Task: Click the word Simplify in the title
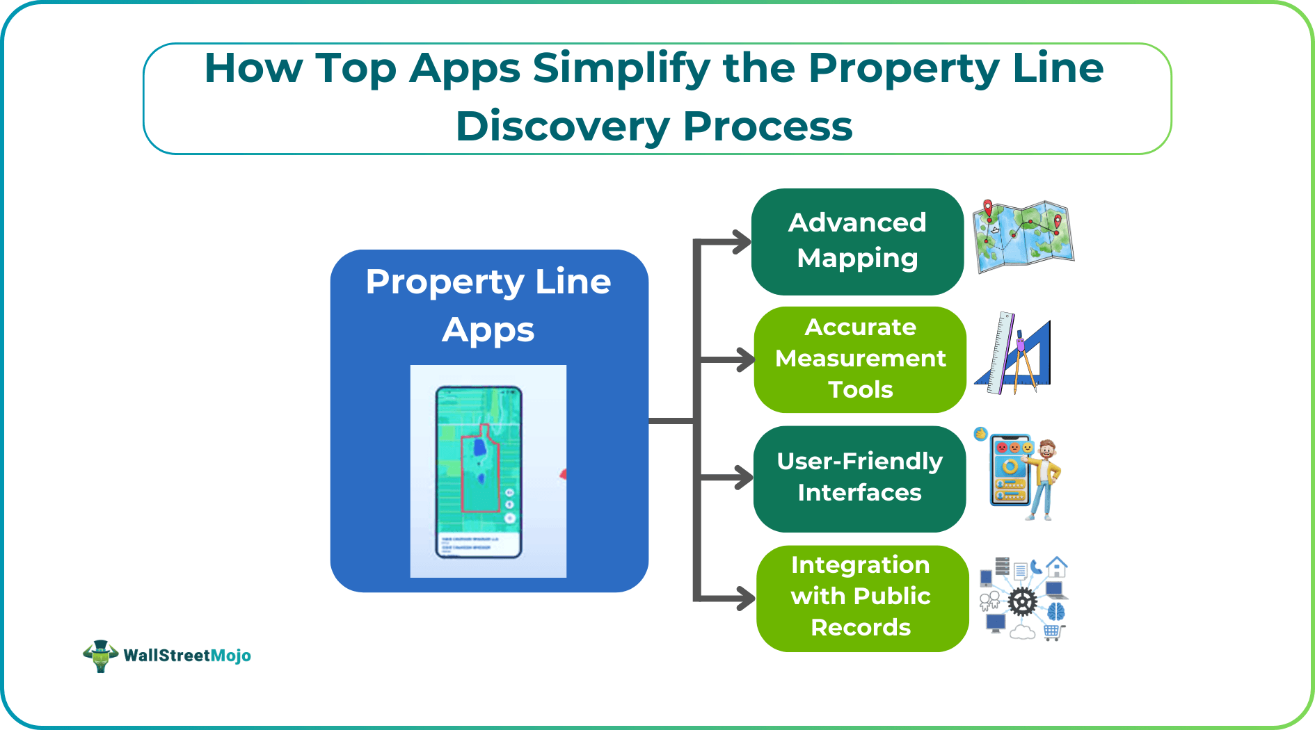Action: (x=621, y=68)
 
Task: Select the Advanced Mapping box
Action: (x=857, y=241)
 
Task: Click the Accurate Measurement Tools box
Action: (x=860, y=359)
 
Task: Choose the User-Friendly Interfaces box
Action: (x=859, y=478)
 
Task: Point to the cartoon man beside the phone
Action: (x=1044, y=480)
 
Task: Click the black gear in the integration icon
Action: (x=1022, y=602)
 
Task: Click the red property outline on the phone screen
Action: (x=481, y=469)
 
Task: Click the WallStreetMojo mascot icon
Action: (x=100, y=655)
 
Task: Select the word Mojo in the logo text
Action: (x=230, y=656)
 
